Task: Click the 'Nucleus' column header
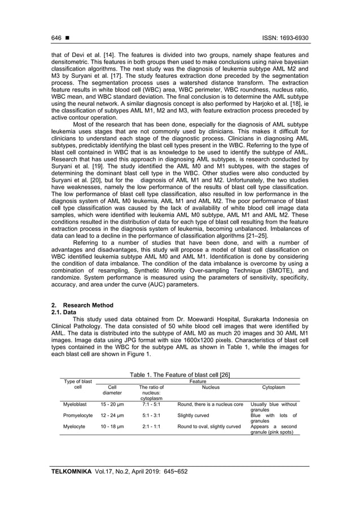210,388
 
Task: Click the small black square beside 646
67,38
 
